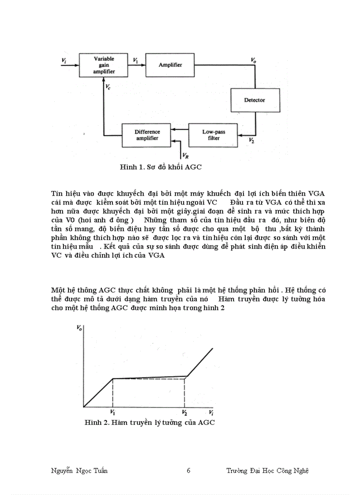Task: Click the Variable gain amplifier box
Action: point(104,65)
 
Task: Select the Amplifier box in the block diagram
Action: point(170,65)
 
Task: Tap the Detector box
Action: point(255,100)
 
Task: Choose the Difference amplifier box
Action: point(147,134)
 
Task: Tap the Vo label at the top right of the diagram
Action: point(253,60)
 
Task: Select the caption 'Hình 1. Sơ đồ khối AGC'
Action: point(161,167)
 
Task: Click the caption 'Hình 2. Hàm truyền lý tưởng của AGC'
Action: point(150,422)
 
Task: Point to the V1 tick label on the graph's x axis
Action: point(112,413)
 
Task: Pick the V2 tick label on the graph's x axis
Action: point(185,413)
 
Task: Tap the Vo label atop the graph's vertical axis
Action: point(79,328)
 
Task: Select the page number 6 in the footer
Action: point(188,471)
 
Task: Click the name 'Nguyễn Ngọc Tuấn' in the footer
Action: point(79,471)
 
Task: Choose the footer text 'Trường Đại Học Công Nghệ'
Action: point(267,471)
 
